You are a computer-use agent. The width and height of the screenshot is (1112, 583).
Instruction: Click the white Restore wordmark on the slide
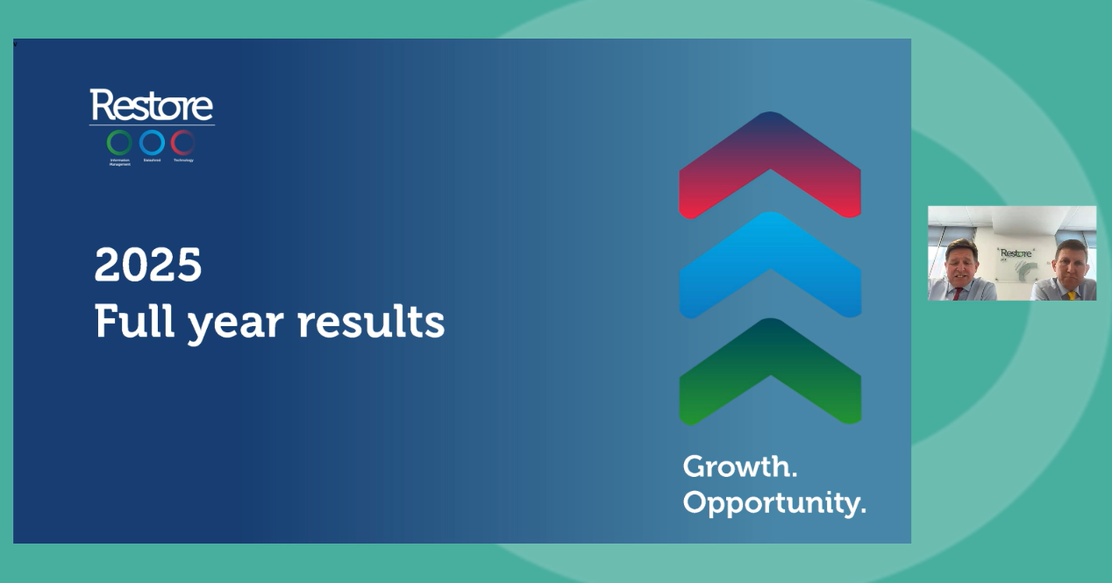tap(151, 105)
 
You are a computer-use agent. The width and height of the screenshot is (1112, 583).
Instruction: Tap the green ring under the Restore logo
tap(119, 142)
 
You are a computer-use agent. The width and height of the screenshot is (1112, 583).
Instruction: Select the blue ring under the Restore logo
tap(152, 142)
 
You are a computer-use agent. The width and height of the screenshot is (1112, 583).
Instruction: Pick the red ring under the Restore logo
tap(183, 142)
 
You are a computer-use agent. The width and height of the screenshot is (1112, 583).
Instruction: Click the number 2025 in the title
tap(148, 265)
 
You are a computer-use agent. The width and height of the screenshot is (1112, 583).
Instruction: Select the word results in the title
tap(371, 322)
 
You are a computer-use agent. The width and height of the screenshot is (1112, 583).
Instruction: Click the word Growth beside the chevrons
tap(739, 466)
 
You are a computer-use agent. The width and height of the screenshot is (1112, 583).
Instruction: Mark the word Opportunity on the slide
tap(773, 503)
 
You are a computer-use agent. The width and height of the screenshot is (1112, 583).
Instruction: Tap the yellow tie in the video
tap(1072, 295)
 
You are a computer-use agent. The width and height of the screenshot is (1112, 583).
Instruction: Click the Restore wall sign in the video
tap(1016, 253)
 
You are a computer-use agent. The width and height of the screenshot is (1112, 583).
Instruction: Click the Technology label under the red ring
tap(183, 160)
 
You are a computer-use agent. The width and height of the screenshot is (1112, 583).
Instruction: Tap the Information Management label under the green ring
tap(119, 162)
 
